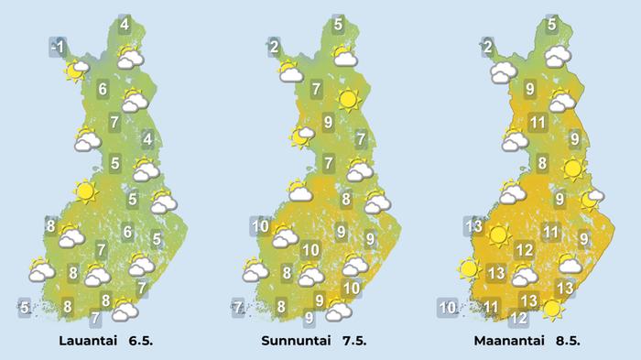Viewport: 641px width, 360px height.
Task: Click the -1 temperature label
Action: pos(58,47)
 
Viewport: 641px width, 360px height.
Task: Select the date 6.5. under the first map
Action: pos(136,340)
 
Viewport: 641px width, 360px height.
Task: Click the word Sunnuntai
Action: pos(292,340)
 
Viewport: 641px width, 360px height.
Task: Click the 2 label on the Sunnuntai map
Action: pos(274,45)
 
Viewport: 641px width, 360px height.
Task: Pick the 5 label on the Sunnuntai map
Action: pos(338,25)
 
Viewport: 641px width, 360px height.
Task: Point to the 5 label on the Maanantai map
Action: pos(551,25)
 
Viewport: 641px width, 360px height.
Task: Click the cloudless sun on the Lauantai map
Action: pos(86,191)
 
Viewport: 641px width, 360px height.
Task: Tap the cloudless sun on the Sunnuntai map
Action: pos(347,99)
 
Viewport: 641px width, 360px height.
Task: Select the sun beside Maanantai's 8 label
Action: pos(573,168)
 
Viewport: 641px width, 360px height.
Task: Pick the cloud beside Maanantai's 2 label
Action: pos(505,72)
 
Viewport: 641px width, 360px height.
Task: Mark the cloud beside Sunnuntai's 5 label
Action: pos(345,58)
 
